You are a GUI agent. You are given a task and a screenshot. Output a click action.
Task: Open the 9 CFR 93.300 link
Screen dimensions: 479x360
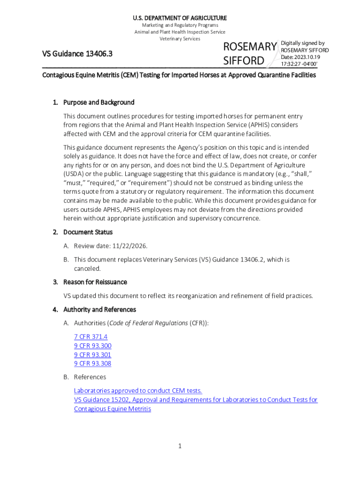pos(93,346)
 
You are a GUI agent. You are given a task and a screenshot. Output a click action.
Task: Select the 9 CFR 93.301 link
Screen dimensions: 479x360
pos(93,355)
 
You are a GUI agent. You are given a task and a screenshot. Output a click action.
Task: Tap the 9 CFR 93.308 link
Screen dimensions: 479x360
pos(93,363)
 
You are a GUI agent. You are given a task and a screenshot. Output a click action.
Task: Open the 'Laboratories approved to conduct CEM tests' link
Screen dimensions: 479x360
pos(138,391)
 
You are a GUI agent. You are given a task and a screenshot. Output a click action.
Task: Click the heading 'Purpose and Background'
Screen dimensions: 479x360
pos(99,102)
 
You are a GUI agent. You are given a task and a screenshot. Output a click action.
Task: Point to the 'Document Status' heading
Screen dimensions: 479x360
pos(88,232)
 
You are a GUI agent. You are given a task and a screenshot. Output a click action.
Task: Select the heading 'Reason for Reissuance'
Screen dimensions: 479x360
pos(95,282)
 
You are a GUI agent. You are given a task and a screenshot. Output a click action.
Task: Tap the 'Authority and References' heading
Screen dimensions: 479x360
pos(100,310)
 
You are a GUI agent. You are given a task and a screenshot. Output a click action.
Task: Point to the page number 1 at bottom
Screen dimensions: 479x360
pos(180,446)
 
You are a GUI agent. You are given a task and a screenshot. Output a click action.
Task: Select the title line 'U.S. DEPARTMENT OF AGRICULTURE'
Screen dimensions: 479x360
pos(180,18)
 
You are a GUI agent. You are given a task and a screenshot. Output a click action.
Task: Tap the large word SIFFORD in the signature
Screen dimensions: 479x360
pos(244,61)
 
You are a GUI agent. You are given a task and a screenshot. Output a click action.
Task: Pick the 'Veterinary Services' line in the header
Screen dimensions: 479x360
pos(180,39)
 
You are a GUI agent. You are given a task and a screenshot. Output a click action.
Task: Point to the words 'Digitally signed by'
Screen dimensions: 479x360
pos(302,43)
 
